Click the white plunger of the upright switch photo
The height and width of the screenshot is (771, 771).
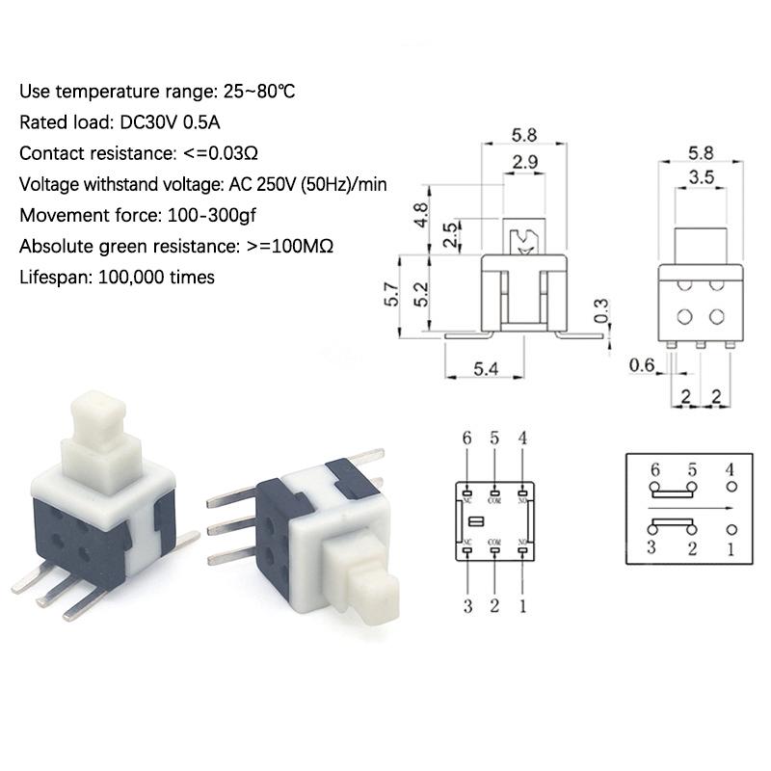(96, 422)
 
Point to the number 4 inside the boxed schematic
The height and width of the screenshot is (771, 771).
(730, 469)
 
